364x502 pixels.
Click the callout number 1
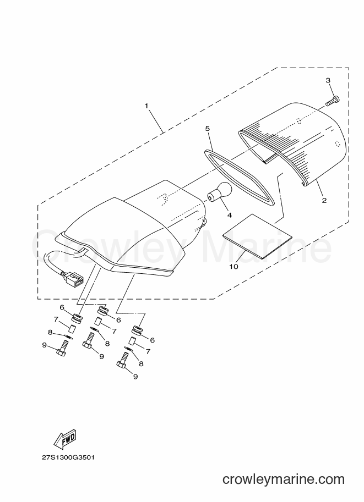coord(146,106)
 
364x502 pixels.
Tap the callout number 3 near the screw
coord(328,80)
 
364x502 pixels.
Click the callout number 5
coord(207,128)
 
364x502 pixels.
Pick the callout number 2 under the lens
coord(324,201)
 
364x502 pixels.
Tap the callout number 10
coord(234,266)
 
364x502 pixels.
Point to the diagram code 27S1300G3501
coord(68,457)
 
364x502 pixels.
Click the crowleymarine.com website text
coord(284,479)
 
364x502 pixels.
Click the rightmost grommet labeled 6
coord(138,330)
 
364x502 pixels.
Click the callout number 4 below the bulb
coord(229,216)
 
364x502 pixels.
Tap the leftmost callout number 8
coord(50,333)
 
